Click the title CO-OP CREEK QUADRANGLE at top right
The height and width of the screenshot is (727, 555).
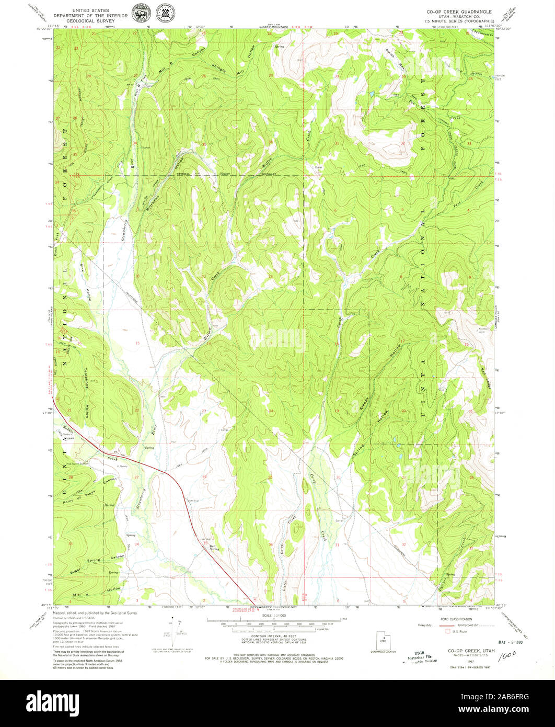[459, 11]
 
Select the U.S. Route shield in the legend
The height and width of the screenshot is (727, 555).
[448, 631]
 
